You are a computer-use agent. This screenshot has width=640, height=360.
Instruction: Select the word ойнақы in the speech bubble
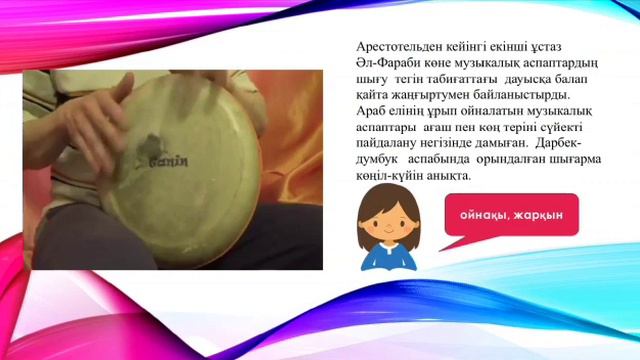pos(485,214)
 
